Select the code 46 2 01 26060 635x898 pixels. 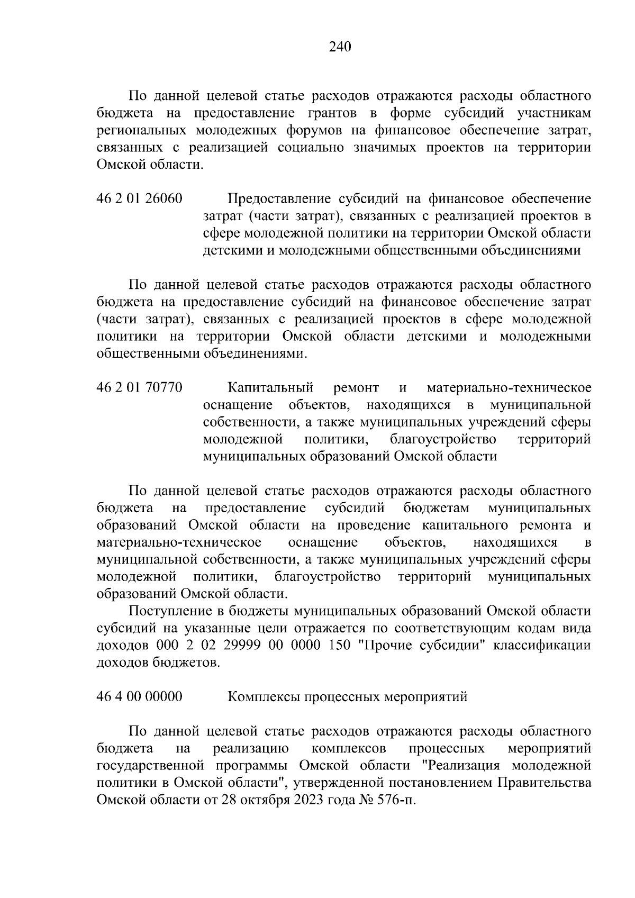(139, 199)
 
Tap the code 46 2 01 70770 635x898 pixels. (139, 388)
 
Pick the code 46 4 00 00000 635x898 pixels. (139, 696)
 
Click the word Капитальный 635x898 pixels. (270, 388)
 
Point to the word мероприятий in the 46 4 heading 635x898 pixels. (427, 696)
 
